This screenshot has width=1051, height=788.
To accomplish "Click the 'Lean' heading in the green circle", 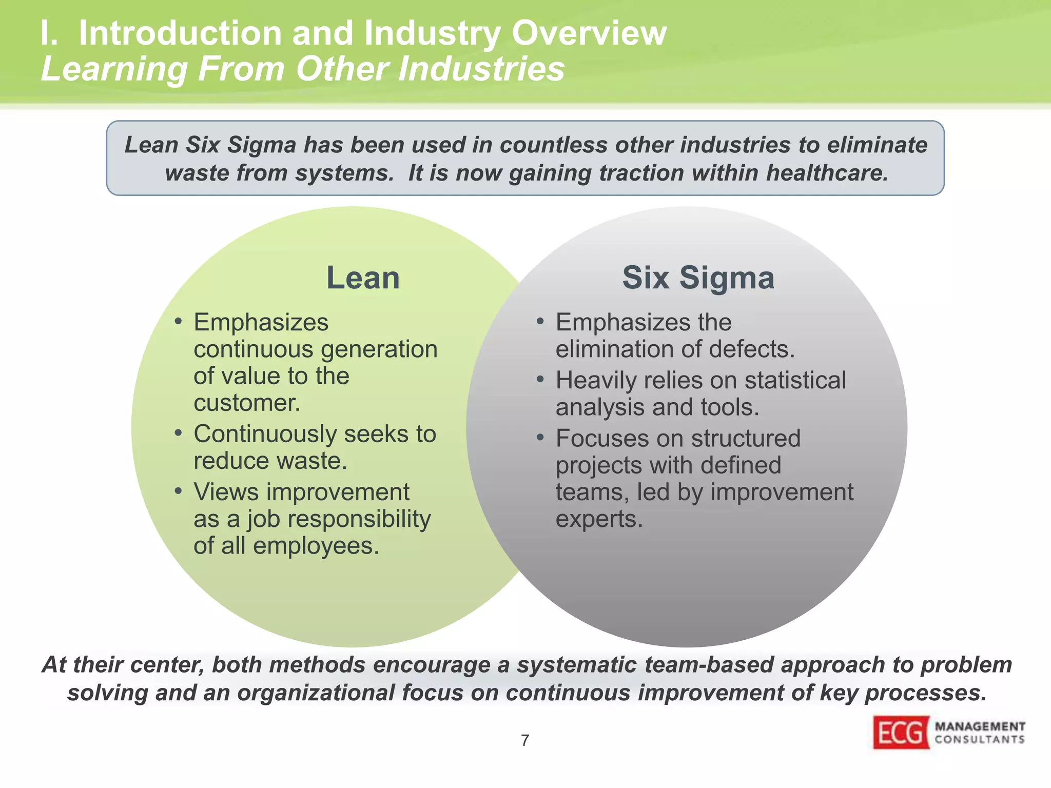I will tap(363, 278).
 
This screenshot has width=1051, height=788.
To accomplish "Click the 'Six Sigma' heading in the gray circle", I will tap(698, 278).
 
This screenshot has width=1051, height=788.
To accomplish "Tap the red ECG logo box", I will tap(901, 733).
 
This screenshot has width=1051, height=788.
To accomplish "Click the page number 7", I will tap(525, 740).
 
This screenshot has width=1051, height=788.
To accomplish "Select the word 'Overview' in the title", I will tap(589, 34).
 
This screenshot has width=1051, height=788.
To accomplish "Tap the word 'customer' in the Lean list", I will tap(245, 403).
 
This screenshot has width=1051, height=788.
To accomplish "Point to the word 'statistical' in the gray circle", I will tap(795, 381).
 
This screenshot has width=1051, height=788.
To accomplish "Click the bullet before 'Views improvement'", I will tap(178, 491).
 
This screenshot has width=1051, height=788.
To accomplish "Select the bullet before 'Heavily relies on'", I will tap(540, 380).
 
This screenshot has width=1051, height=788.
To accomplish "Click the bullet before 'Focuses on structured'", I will tap(540, 438).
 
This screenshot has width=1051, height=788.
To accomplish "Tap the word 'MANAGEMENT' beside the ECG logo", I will tap(980, 726).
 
